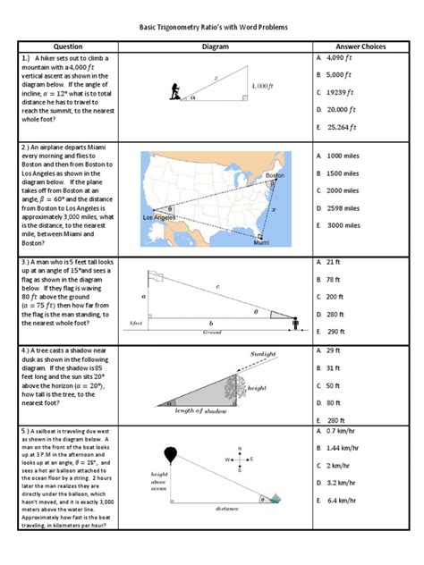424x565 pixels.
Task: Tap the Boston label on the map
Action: [x=276, y=175]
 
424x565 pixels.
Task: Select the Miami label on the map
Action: [x=261, y=241]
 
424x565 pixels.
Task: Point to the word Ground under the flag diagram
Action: [x=211, y=332]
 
